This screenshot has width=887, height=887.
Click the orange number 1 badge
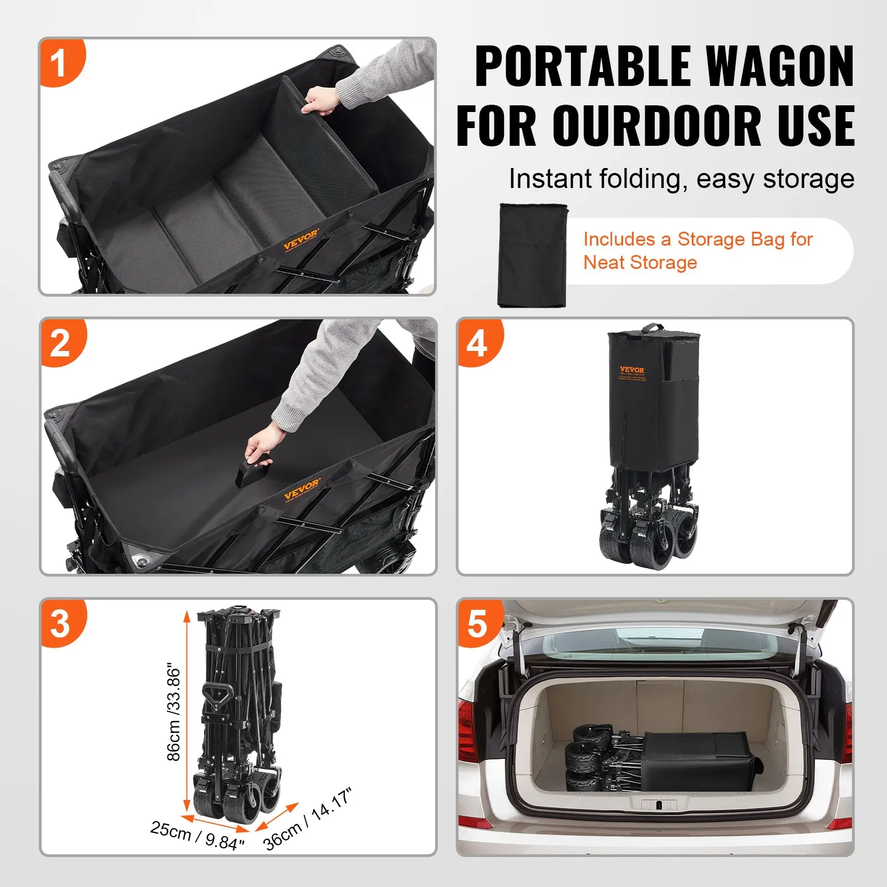pos(60,62)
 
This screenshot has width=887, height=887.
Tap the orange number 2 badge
pos(61,343)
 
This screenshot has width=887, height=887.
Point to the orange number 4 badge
pos(478,343)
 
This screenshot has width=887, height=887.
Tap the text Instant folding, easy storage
pos(681,179)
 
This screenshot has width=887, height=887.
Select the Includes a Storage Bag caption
pos(697,251)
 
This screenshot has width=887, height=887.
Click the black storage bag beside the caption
pos(533,255)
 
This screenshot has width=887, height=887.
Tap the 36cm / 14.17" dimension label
pos(308,819)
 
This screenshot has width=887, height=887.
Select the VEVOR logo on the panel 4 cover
pos(631,370)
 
